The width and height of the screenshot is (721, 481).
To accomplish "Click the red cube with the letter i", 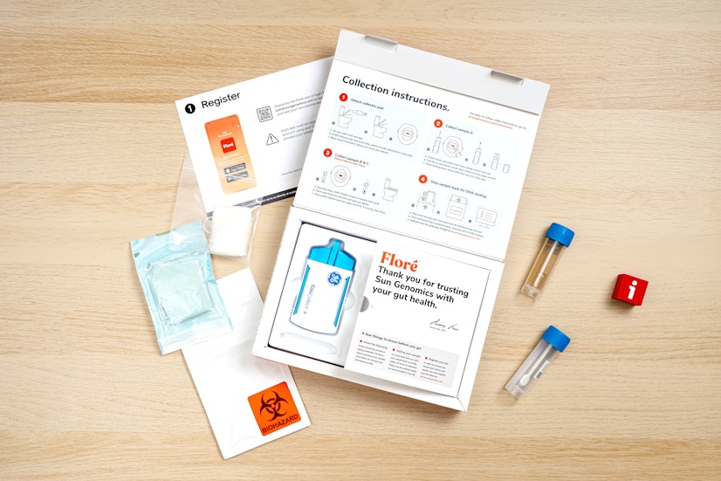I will pyautogui.click(x=629, y=289).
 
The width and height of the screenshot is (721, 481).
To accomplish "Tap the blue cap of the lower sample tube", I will pyautogui.click(x=555, y=339).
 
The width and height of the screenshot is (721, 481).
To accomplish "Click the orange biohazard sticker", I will pyautogui.click(x=273, y=408).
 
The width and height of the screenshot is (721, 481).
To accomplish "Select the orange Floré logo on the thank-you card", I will pyautogui.click(x=400, y=260).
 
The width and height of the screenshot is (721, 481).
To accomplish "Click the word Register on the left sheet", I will pyautogui.click(x=220, y=101).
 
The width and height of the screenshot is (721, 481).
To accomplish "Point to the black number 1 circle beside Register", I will pyautogui.click(x=190, y=109).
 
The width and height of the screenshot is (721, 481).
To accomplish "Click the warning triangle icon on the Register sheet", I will pyautogui.click(x=271, y=139).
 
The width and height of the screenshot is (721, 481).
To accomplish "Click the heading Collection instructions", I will pyautogui.click(x=395, y=93).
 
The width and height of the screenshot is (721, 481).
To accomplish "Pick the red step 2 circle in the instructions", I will pyautogui.click(x=438, y=123).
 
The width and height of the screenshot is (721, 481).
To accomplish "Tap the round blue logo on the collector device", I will pyautogui.click(x=334, y=279).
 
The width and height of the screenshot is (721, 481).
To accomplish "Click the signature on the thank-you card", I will pyautogui.click(x=443, y=324).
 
